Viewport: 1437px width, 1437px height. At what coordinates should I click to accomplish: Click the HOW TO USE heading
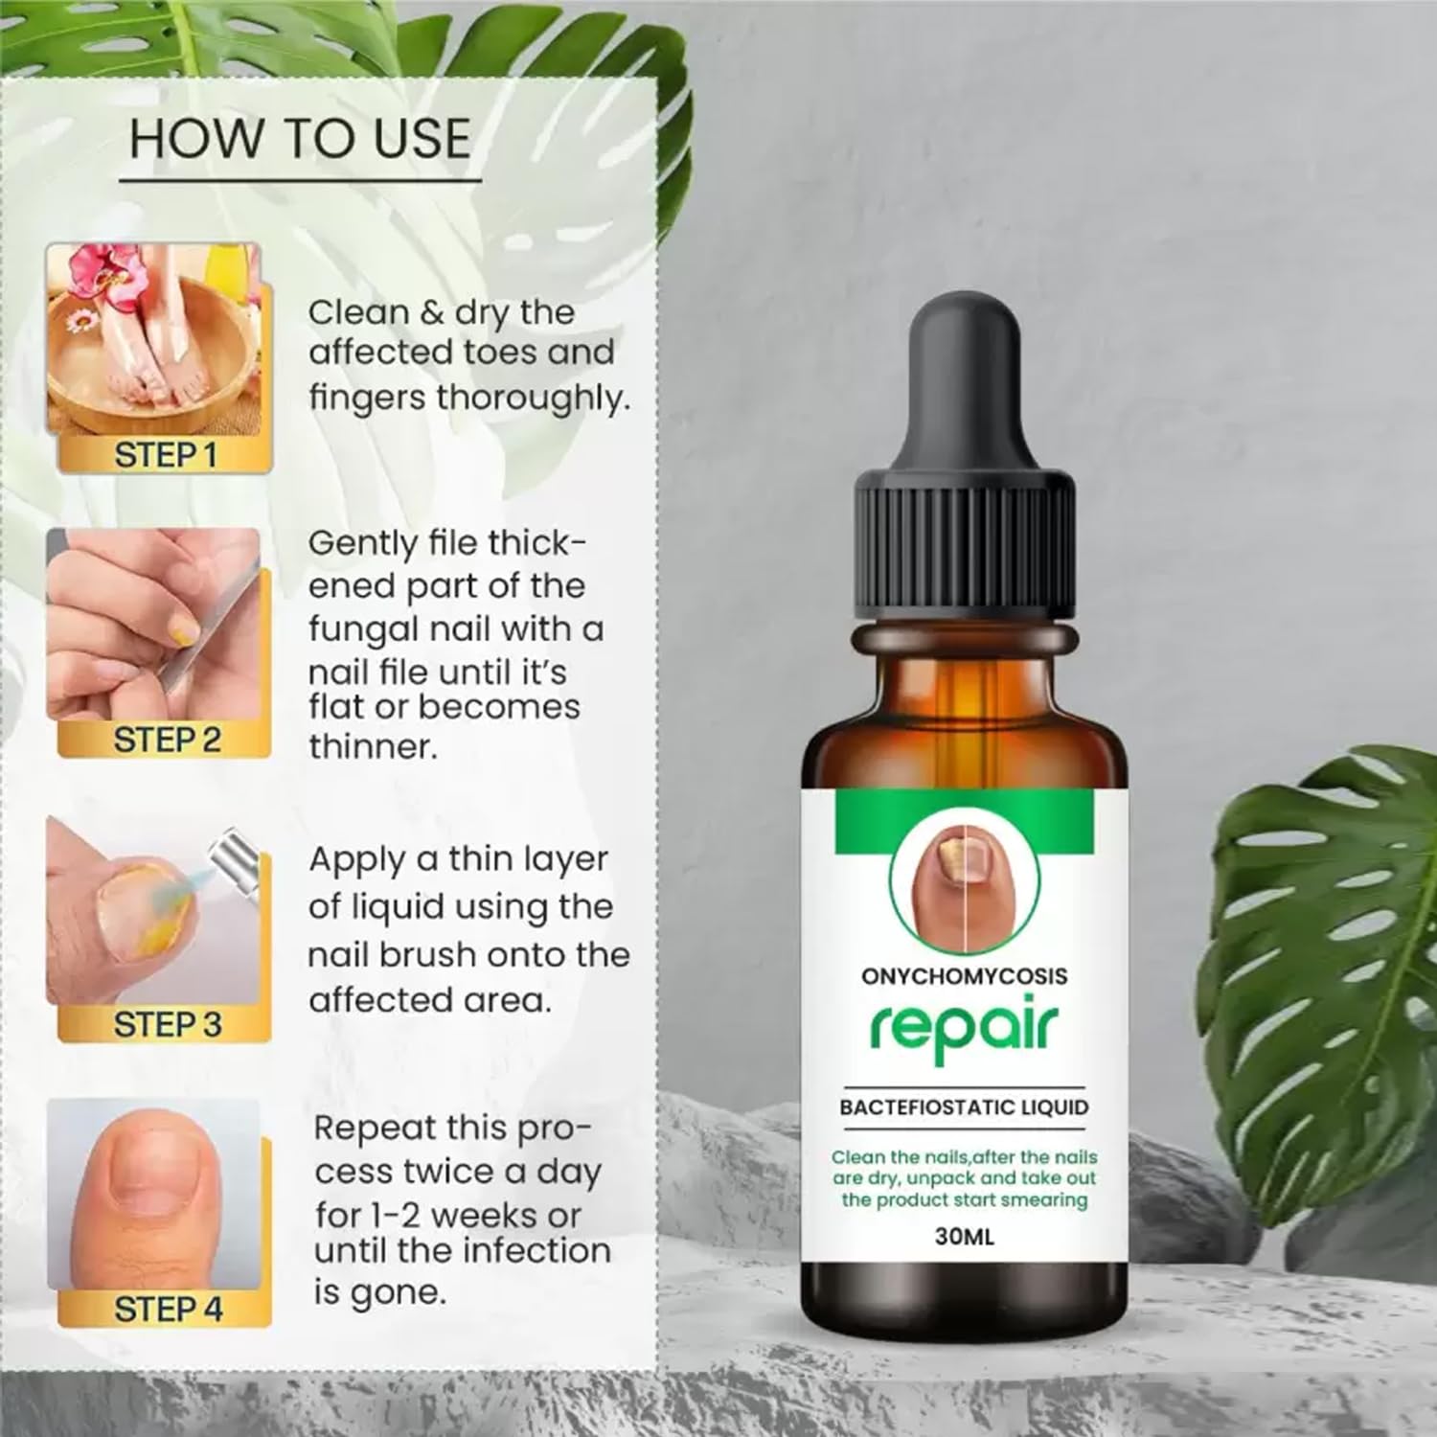point(300,140)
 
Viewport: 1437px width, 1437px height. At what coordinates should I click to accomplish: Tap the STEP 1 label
point(165,454)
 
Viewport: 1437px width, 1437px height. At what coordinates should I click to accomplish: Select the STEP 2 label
point(167,739)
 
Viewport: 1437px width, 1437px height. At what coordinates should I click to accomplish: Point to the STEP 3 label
point(167,1024)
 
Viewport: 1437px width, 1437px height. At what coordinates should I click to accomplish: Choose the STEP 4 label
point(168,1309)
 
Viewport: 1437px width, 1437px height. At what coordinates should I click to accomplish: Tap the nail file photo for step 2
point(153,623)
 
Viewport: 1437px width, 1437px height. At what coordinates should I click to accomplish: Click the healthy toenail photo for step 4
point(153,1188)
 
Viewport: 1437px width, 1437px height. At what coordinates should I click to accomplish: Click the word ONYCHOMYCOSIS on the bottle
point(964,976)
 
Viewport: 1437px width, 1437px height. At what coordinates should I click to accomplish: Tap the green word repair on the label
point(963,1030)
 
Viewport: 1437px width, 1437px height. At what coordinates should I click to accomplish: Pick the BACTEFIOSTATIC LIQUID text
point(964,1107)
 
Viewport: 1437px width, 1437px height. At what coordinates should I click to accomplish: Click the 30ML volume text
point(965,1236)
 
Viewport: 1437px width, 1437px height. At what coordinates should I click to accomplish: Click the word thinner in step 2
point(372,746)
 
